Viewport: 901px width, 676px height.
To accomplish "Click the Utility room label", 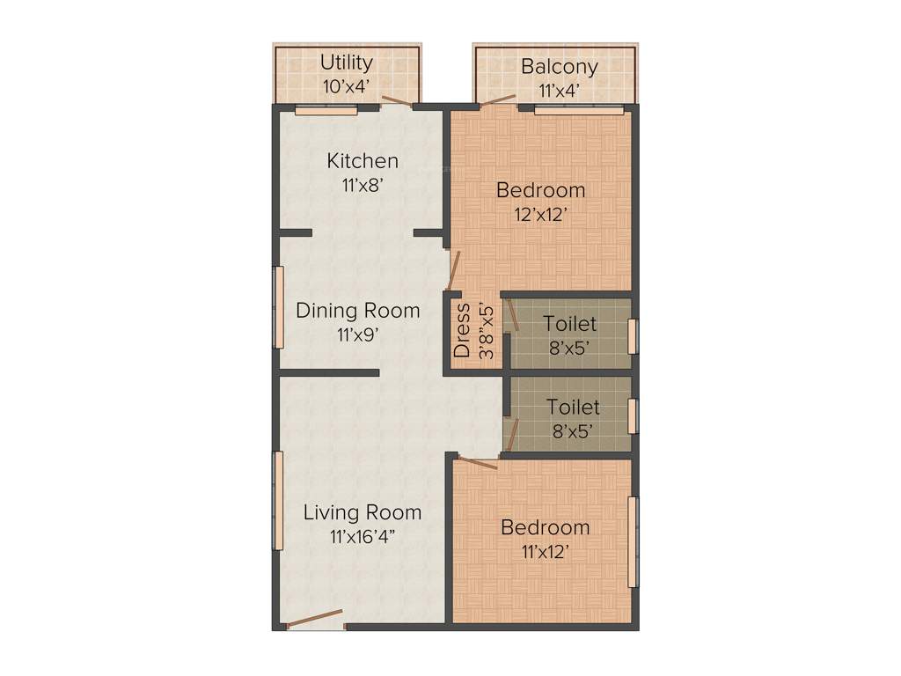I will point(346,62).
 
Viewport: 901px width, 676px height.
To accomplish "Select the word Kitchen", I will point(363,161).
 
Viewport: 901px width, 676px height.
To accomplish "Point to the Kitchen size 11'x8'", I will point(363,185).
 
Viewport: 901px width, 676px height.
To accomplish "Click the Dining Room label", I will point(357,311).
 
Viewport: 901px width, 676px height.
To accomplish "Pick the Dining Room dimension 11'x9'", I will point(357,334).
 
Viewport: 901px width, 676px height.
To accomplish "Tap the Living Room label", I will point(363,512).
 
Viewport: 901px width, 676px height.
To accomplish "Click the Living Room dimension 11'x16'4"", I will point(363,536).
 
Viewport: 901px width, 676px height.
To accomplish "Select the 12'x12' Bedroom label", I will point(540,189).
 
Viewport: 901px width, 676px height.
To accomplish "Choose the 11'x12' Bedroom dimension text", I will point(545,552).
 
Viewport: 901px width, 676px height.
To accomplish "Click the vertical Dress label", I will point(462,331).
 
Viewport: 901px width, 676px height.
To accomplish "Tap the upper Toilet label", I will point(569,324).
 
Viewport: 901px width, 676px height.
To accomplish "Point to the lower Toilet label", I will point(573,408).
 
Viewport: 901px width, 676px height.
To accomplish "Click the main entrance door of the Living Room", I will point(315,619).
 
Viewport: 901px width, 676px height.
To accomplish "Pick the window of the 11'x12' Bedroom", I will point(632,541).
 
